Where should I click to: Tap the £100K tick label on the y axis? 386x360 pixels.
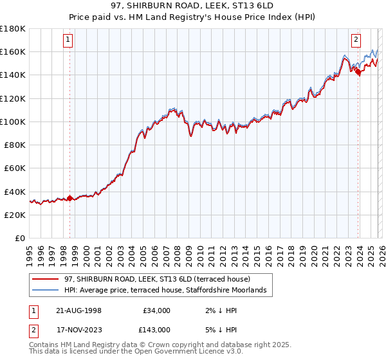pos(13,122)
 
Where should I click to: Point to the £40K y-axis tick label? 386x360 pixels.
pos(15,192)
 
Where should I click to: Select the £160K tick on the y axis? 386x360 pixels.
pos(13,51)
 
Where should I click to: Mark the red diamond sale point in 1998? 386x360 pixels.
pos(69,198)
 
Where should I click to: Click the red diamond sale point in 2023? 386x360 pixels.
pos(358,71)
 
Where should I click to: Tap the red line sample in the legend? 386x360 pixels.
pos(46,279)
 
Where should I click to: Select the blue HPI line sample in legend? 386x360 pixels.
pos(46,291)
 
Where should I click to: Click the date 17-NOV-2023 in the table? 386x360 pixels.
pos(77,329)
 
